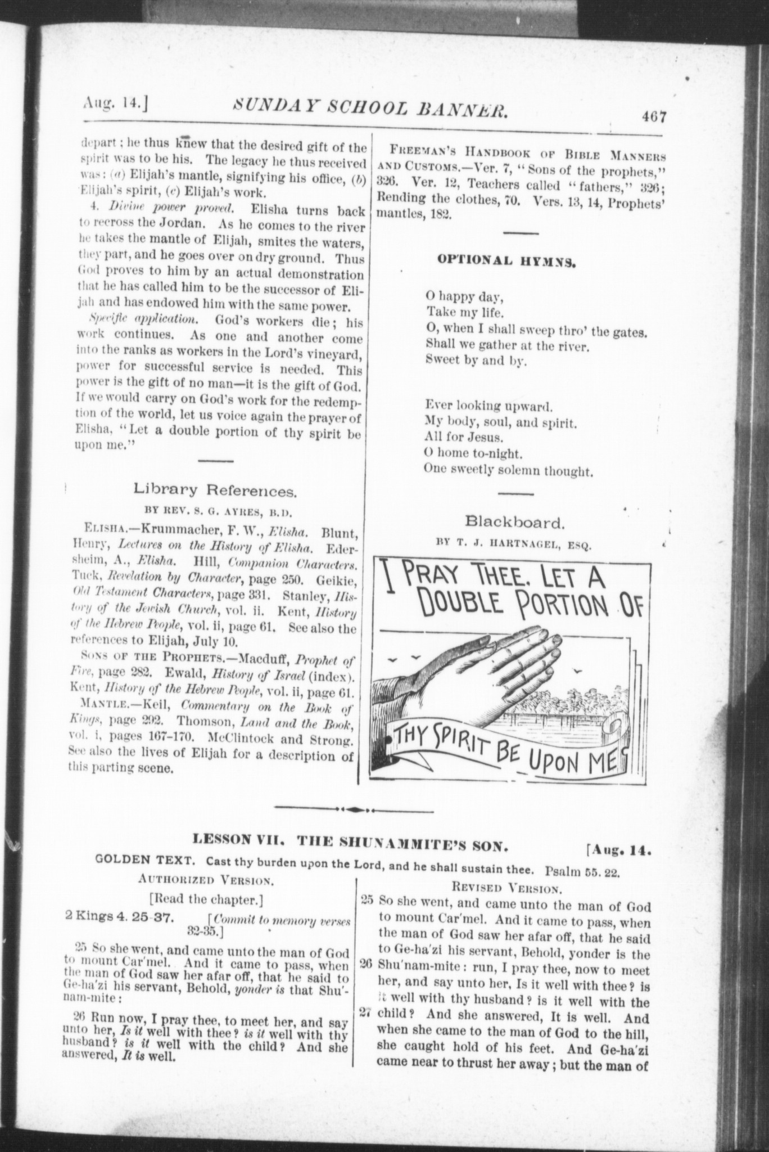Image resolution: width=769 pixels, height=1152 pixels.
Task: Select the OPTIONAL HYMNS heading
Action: pos(506,261)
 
